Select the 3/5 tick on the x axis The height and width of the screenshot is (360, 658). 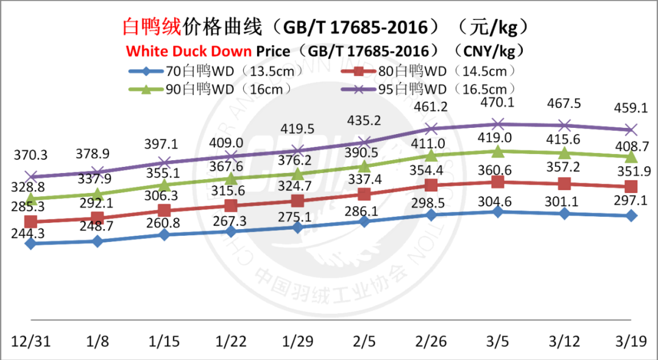(x=498, y=340)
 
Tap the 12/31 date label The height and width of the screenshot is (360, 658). (x=30, y=340)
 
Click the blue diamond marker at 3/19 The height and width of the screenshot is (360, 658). (x=632, y=216)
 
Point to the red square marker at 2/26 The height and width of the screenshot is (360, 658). (x=431, y=185)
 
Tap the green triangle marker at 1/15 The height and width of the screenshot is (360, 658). (x=164, y=185)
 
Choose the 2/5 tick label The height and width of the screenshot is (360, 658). (x=364, y=340)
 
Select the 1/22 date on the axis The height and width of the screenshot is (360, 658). (x=231, y=340)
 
